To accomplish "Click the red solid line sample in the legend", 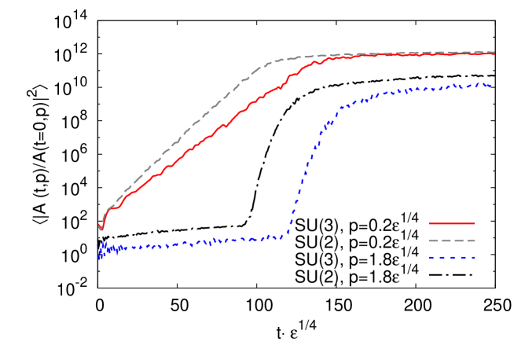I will (x=452, y=223).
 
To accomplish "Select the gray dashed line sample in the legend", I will (x=452, y=241).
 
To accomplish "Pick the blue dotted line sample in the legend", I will (x=452, y=258).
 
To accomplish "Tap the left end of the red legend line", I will (x=429, y=223).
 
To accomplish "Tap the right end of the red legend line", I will (x=475, y=223).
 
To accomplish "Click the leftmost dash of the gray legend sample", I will (x=433, y=241).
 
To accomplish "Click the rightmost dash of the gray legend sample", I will (x=471, y=241).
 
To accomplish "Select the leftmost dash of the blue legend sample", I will (x=432, y=258).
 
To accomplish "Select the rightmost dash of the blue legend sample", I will (x=472, y=258).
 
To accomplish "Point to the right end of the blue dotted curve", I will (x=492, y=86).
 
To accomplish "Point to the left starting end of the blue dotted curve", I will (x=100, y=257).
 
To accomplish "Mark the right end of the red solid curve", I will (x=494, y=54).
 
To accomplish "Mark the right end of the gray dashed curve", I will (x=495, y=53).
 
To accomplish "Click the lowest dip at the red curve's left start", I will (x=101, y=230).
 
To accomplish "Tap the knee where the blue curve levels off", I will (x=340, y=108).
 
